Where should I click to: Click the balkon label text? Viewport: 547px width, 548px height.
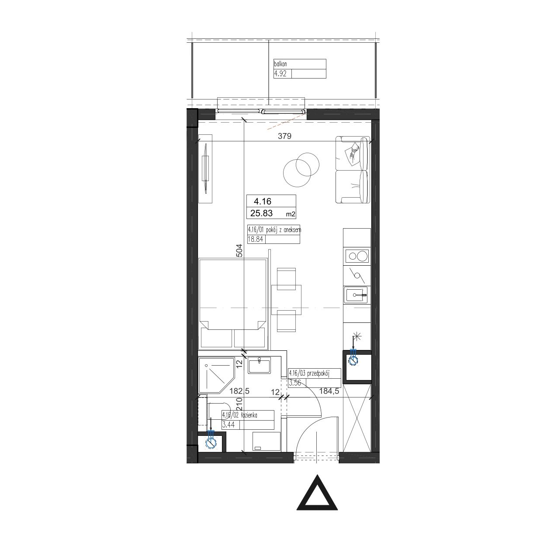(280, 64)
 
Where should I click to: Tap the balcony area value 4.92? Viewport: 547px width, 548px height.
(280, 74)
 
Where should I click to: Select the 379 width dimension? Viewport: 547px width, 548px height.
(284, 136)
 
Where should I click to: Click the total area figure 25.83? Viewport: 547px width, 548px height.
(262, 213)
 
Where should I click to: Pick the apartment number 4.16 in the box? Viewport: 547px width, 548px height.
(263, 201)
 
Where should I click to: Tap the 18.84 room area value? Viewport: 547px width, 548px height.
(255, 239)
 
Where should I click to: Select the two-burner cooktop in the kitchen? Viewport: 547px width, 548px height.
(357, 256)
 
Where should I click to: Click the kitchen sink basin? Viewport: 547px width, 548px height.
(356, 295)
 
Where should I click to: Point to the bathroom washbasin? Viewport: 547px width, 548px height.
(259, 366)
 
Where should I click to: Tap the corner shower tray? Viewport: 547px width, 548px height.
(216, 376)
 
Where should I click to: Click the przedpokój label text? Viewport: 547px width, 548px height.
(319, 373)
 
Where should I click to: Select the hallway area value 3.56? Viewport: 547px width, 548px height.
(295, 383)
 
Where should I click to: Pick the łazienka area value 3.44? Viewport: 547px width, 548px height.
(228, 425)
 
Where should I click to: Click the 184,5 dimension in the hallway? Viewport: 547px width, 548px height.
(329, 391)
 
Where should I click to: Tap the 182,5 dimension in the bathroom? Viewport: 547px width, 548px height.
(239, 391)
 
